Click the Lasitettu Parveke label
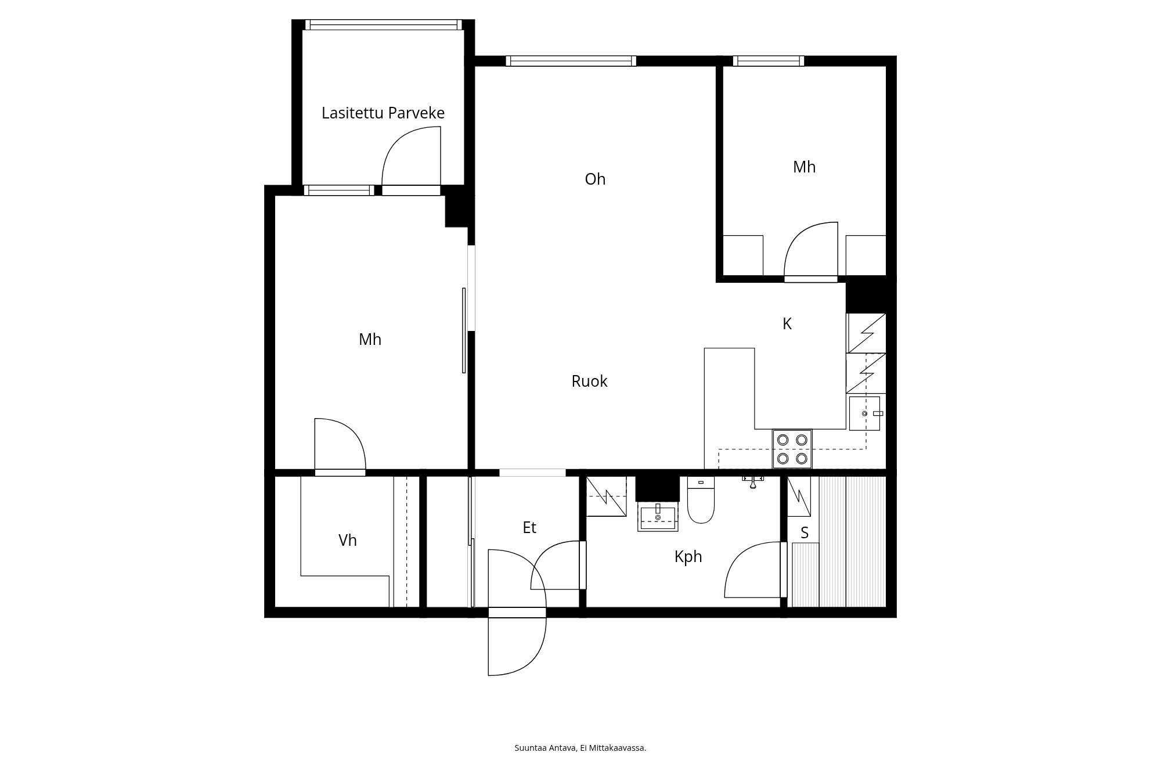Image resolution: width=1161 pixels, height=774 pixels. coord(383,113)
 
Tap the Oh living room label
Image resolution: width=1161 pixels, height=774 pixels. coord(595,179)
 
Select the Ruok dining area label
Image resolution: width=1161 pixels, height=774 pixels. coord(589,381)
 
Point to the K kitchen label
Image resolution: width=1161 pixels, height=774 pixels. coord(787,324)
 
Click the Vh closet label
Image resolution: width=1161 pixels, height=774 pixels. coord(347,541)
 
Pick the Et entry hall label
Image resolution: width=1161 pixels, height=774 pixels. coord(529,527)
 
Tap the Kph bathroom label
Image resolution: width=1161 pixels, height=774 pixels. coord(688,557)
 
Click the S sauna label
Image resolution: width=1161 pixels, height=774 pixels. coord(805,533)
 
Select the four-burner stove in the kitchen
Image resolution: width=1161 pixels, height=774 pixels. coord(792,449)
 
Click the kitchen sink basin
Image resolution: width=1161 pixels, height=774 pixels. coord(864,413)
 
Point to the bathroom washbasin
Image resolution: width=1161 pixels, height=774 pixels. coord(658,517)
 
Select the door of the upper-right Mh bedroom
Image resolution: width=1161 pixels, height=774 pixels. coord(811,250)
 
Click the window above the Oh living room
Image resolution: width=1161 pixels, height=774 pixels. coord(571,60)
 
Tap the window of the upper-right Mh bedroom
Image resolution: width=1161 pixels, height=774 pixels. coord(769,60)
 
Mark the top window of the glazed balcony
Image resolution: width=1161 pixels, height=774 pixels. coord(384,24)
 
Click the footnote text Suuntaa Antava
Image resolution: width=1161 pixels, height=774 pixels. coord(546,748)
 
